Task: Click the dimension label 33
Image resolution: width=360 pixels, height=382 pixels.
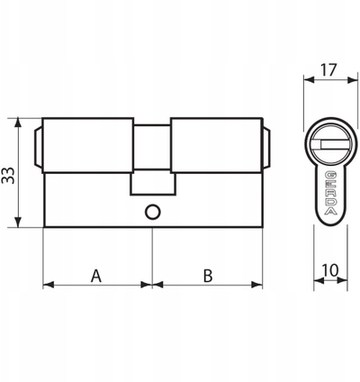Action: [x=8, y=176]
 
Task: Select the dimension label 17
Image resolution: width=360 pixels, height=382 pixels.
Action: [x=328, y=70]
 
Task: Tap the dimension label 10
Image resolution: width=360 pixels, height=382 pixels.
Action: [x=330, y=270]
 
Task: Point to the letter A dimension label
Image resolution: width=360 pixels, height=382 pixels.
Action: [x=96, y=276]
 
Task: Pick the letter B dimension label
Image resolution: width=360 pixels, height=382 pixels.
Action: [x=208, y=276]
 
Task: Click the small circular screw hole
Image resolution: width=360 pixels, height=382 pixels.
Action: [x=153, y=212]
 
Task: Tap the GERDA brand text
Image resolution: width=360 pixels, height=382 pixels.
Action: [x=330, y=193]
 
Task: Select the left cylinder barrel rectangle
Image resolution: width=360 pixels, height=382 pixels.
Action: [x=88, y=145]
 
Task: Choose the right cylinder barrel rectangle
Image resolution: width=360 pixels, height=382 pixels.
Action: [x=217, y=145]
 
